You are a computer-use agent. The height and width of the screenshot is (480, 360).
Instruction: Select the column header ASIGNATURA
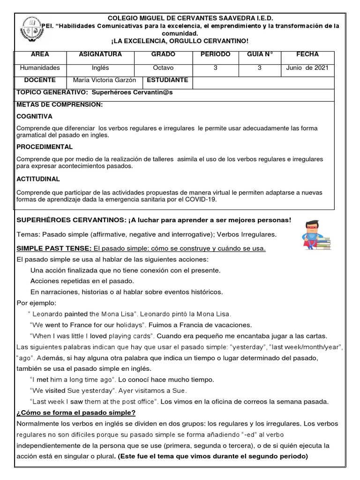coord(101,55)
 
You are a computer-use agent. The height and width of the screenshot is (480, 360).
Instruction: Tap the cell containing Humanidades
coord(40,68)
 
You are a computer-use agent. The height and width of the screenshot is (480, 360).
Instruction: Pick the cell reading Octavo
coord(163,68)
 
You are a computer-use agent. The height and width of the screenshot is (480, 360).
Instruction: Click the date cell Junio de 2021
coord(307,68)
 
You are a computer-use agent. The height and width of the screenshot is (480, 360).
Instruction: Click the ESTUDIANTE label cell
coord(167,80)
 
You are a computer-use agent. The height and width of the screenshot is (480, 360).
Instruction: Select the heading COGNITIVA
coord(34,116)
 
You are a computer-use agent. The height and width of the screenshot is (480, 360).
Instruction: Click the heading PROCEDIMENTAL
coord(45,147)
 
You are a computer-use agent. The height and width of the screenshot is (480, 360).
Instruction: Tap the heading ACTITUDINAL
coord(38,179)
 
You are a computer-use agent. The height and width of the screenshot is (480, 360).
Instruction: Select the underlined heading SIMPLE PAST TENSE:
coord(54,248)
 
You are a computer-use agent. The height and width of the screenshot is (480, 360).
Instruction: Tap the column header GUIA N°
coord(260,55)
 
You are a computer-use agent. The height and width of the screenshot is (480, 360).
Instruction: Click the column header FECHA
coord(307,55)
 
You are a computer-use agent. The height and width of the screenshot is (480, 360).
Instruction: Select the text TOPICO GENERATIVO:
coord(52,92)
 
